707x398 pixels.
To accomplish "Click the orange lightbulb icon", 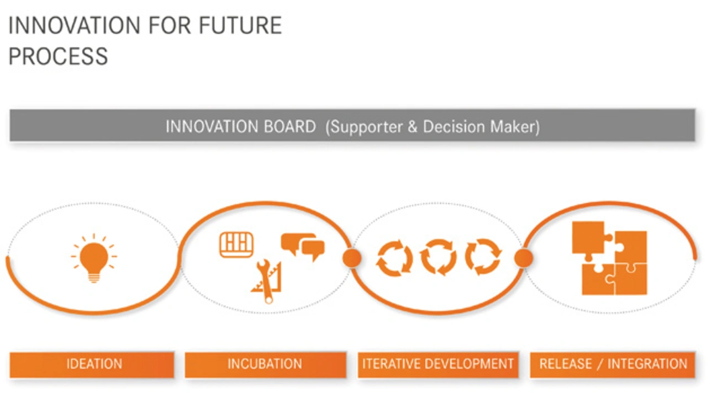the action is [x=94, y=258].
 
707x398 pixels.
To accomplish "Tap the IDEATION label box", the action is [x=92, y=364].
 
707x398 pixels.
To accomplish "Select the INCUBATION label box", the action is [x=266, y=364].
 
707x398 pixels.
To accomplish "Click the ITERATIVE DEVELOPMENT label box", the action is [x=438, y=364].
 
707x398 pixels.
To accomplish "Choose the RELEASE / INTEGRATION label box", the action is [x=613, y=364].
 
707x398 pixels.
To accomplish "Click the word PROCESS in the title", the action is [x=59, y=56].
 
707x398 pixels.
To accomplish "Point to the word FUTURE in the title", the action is [x=240, y=25].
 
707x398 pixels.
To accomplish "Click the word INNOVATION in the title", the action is [x=74, y=25].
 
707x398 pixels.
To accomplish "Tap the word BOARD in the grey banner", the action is [x=290, y=126].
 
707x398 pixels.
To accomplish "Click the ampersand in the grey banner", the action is [x=412, y=126].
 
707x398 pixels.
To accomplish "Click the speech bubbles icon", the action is [x=303, y=247].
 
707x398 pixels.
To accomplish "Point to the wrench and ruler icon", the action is [x=267, y=281].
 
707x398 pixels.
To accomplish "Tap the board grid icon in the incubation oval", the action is [x=236, y=245].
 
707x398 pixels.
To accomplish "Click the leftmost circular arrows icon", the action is [x=394, y=258].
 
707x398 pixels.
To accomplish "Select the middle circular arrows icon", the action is [x=439, y=257].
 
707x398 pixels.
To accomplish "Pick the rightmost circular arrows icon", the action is [x=483, y=257].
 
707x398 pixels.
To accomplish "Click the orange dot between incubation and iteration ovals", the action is [x=352, y=258].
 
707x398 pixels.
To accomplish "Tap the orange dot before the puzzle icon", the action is [x=524, y=258].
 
